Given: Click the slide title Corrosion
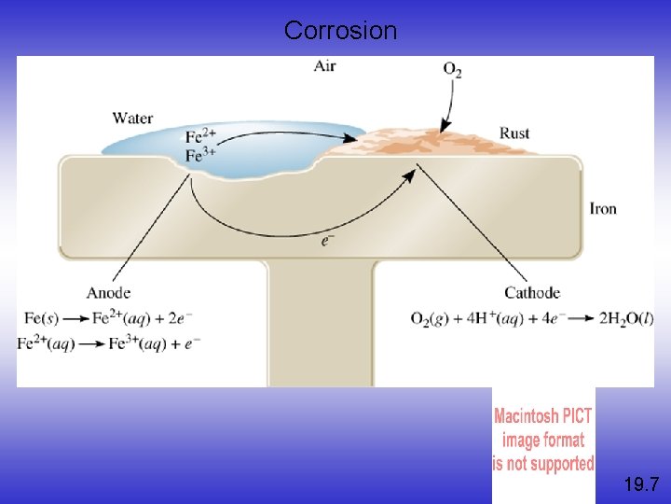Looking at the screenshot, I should [340, 31].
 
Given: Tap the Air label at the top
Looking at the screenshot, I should [325, 66].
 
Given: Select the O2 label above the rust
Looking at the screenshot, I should [452, 71].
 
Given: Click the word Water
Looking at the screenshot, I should [132, 119].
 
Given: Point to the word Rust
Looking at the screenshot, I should [514, 133].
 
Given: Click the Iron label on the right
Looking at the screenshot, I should [603, 208].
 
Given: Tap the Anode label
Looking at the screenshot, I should [108, 293].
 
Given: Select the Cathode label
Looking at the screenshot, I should [531, 293].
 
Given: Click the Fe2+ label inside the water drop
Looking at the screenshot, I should [200, 138].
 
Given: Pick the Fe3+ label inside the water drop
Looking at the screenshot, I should [200, 155].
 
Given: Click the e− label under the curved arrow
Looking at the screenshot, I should [327, 242].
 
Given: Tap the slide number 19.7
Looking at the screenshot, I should [641, 483].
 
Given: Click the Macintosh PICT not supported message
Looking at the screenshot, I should [543, 440].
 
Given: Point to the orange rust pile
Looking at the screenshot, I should [438, 145].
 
